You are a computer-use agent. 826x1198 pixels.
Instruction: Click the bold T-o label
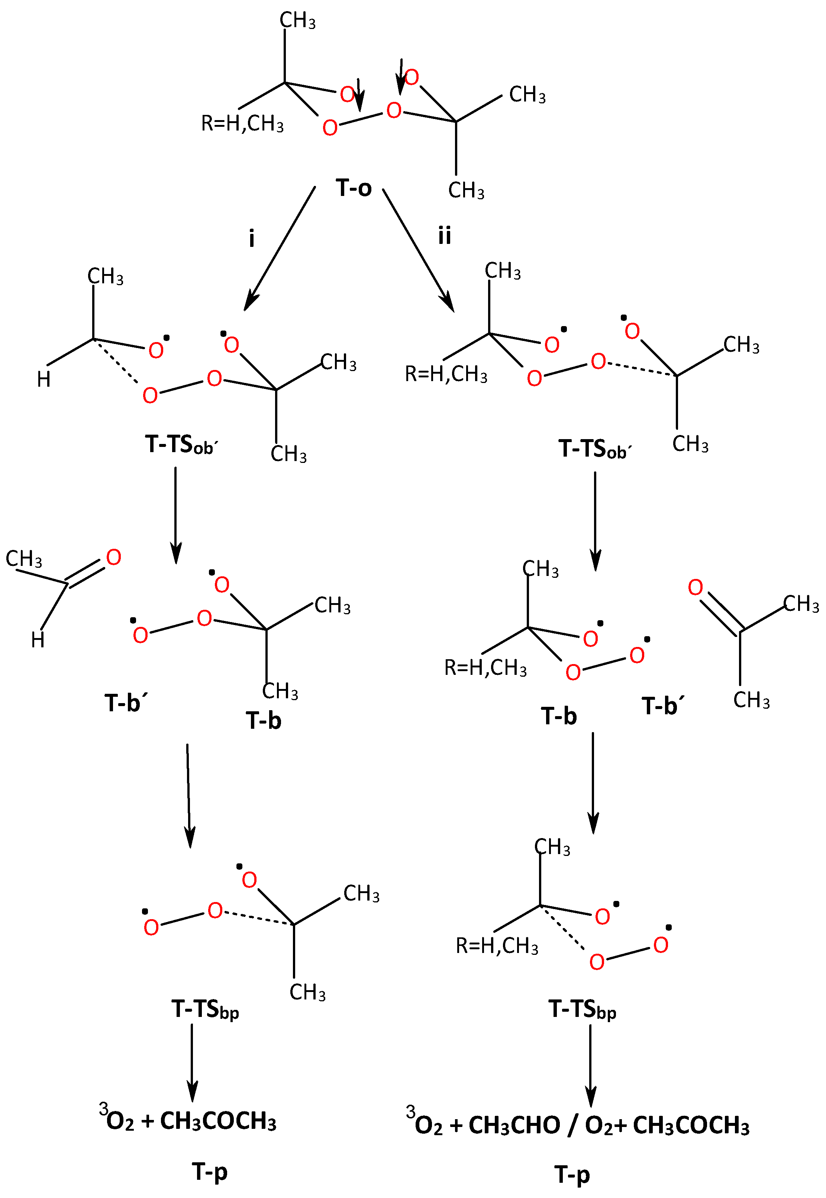[354, 187]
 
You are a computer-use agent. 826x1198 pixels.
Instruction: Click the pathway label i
[252, 239]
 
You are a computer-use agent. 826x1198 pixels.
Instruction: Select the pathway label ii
[444, 236]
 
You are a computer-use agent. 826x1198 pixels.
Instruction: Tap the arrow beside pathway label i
[280, 248]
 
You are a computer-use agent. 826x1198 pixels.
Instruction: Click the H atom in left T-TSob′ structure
[44, 380]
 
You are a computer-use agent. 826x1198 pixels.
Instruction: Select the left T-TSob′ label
[182, 445]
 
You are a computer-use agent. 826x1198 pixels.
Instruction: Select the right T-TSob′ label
[595, 449]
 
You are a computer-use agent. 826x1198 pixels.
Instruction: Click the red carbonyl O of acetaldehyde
[113, 558]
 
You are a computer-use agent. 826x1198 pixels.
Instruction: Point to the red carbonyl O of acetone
[695, 587]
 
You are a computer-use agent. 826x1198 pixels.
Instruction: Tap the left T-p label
[210, 1172]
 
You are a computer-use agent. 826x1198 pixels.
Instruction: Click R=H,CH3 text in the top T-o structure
[242, 124]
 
